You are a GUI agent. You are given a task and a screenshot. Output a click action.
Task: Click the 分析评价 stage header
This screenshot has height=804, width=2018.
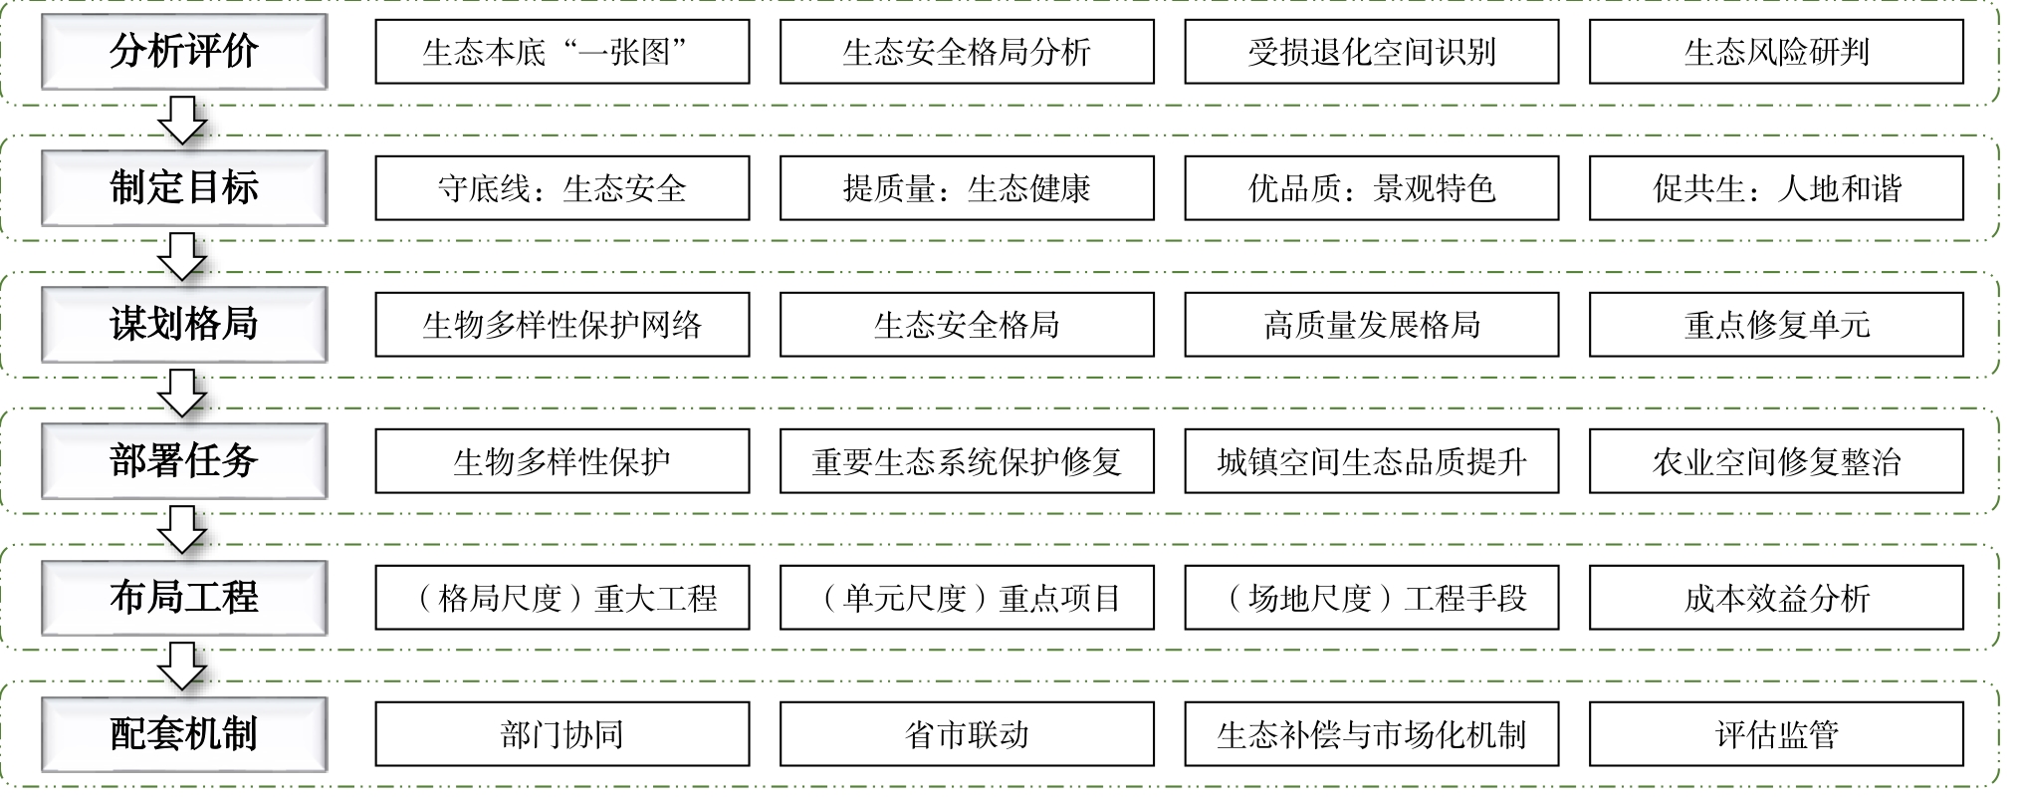point(184,52)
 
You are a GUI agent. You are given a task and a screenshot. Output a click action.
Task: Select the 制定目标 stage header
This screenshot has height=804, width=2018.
point(184,188)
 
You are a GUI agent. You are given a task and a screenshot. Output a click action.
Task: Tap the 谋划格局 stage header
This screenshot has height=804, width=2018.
point(184,325)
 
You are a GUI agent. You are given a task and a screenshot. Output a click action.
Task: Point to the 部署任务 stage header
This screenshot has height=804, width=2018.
point(184,461)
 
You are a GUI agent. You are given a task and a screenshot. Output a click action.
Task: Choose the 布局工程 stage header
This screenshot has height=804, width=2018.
point(184,598)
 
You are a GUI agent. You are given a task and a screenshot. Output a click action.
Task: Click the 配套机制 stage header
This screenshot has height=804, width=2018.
point(184,734)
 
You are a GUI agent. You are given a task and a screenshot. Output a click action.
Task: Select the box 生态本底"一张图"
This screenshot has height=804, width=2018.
point(562,52)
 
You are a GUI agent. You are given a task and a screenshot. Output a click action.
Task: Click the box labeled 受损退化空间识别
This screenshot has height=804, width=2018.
point(1372,52)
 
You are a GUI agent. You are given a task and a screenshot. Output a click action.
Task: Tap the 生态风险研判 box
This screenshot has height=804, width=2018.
point(1777,52)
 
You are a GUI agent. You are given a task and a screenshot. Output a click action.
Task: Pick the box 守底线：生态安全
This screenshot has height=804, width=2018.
point(562,188)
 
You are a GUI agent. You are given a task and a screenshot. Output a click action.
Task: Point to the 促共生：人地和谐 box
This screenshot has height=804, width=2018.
point(1777,188)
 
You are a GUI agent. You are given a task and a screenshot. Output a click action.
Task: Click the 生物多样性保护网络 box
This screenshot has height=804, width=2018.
point(562,325)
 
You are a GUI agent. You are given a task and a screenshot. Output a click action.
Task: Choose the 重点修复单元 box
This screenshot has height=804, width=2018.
point(1777,325)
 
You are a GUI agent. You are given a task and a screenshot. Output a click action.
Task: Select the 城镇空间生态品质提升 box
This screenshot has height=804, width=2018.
point(1372,461)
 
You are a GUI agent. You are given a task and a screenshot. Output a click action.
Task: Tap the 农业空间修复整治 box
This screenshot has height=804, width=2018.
point(1777,461)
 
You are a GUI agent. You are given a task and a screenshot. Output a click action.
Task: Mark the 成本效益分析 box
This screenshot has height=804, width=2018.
point(1777,598)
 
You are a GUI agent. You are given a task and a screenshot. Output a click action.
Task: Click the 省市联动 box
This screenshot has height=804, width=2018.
point(967,734)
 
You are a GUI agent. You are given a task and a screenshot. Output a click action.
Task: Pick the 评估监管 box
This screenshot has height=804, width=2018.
point(1777,734)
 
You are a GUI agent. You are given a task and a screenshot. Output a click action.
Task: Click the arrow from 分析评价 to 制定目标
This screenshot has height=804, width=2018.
point(183,120)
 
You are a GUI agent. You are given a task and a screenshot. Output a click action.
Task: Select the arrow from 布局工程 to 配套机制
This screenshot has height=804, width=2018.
point(183,666)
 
